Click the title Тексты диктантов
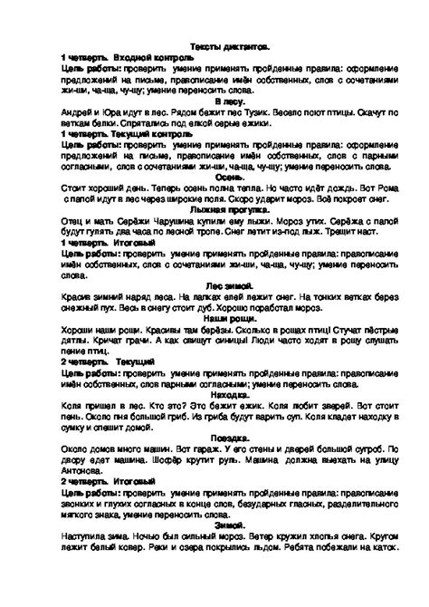[215, 45]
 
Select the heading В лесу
[215, 102]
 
